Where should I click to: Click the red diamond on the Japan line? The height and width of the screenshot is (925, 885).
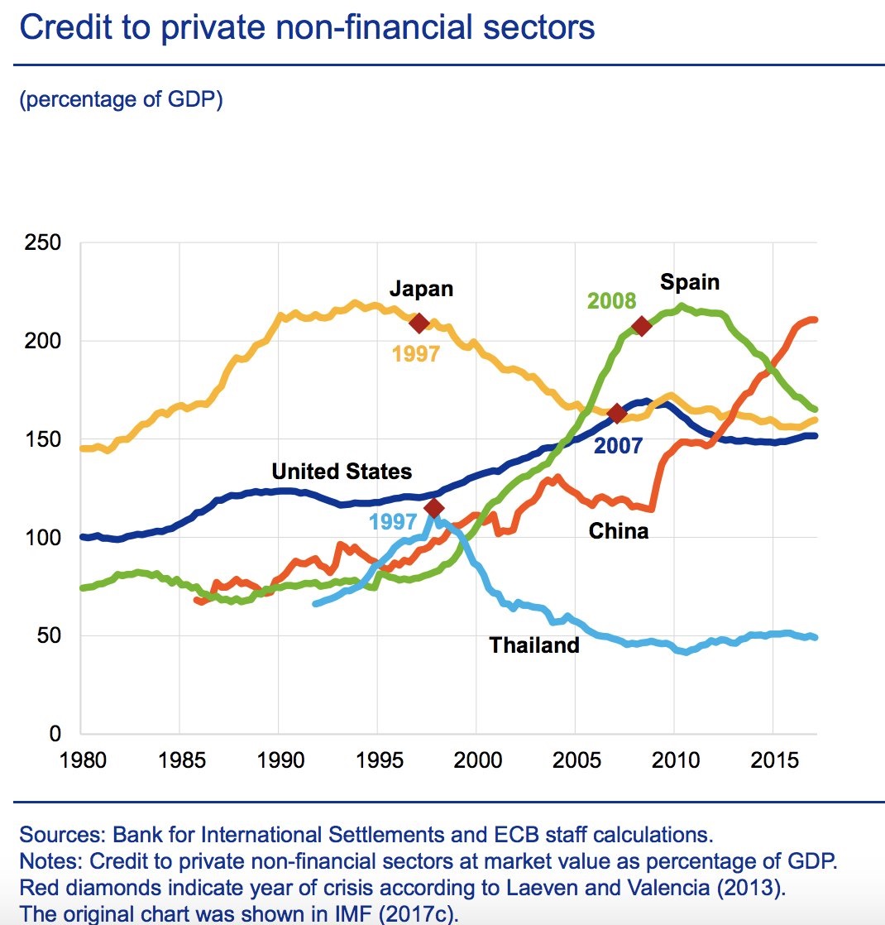coord(419,323)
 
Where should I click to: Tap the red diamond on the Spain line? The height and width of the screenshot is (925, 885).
coord(641,326)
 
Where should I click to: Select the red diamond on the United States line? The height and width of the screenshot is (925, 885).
coord(616,414)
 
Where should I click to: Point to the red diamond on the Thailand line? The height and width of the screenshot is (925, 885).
coord(433,508)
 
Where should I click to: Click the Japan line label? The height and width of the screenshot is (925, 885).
coord(422,289)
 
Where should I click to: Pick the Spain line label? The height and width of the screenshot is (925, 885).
coord(690,282)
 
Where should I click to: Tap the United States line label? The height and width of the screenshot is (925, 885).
coord(342,472)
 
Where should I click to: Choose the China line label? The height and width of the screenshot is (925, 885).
coord(619,531)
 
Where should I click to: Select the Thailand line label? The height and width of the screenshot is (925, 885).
coord(534,645)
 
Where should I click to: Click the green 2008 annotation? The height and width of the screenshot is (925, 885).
coord(611,301)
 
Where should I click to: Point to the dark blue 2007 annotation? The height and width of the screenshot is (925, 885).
coord(618,446)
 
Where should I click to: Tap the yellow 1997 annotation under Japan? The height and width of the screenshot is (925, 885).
coord(416,355)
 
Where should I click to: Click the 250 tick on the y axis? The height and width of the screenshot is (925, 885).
coord(43,243)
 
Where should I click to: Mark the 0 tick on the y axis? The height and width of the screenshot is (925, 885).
coord(55,734)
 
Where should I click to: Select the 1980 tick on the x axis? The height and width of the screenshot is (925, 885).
coord(81,759)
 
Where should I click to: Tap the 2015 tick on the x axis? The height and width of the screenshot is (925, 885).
coord(773,759)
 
